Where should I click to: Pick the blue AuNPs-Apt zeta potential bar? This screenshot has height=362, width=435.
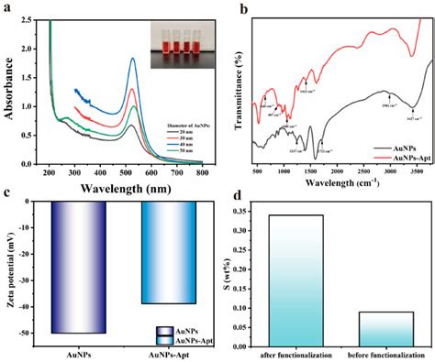click(168, 252)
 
